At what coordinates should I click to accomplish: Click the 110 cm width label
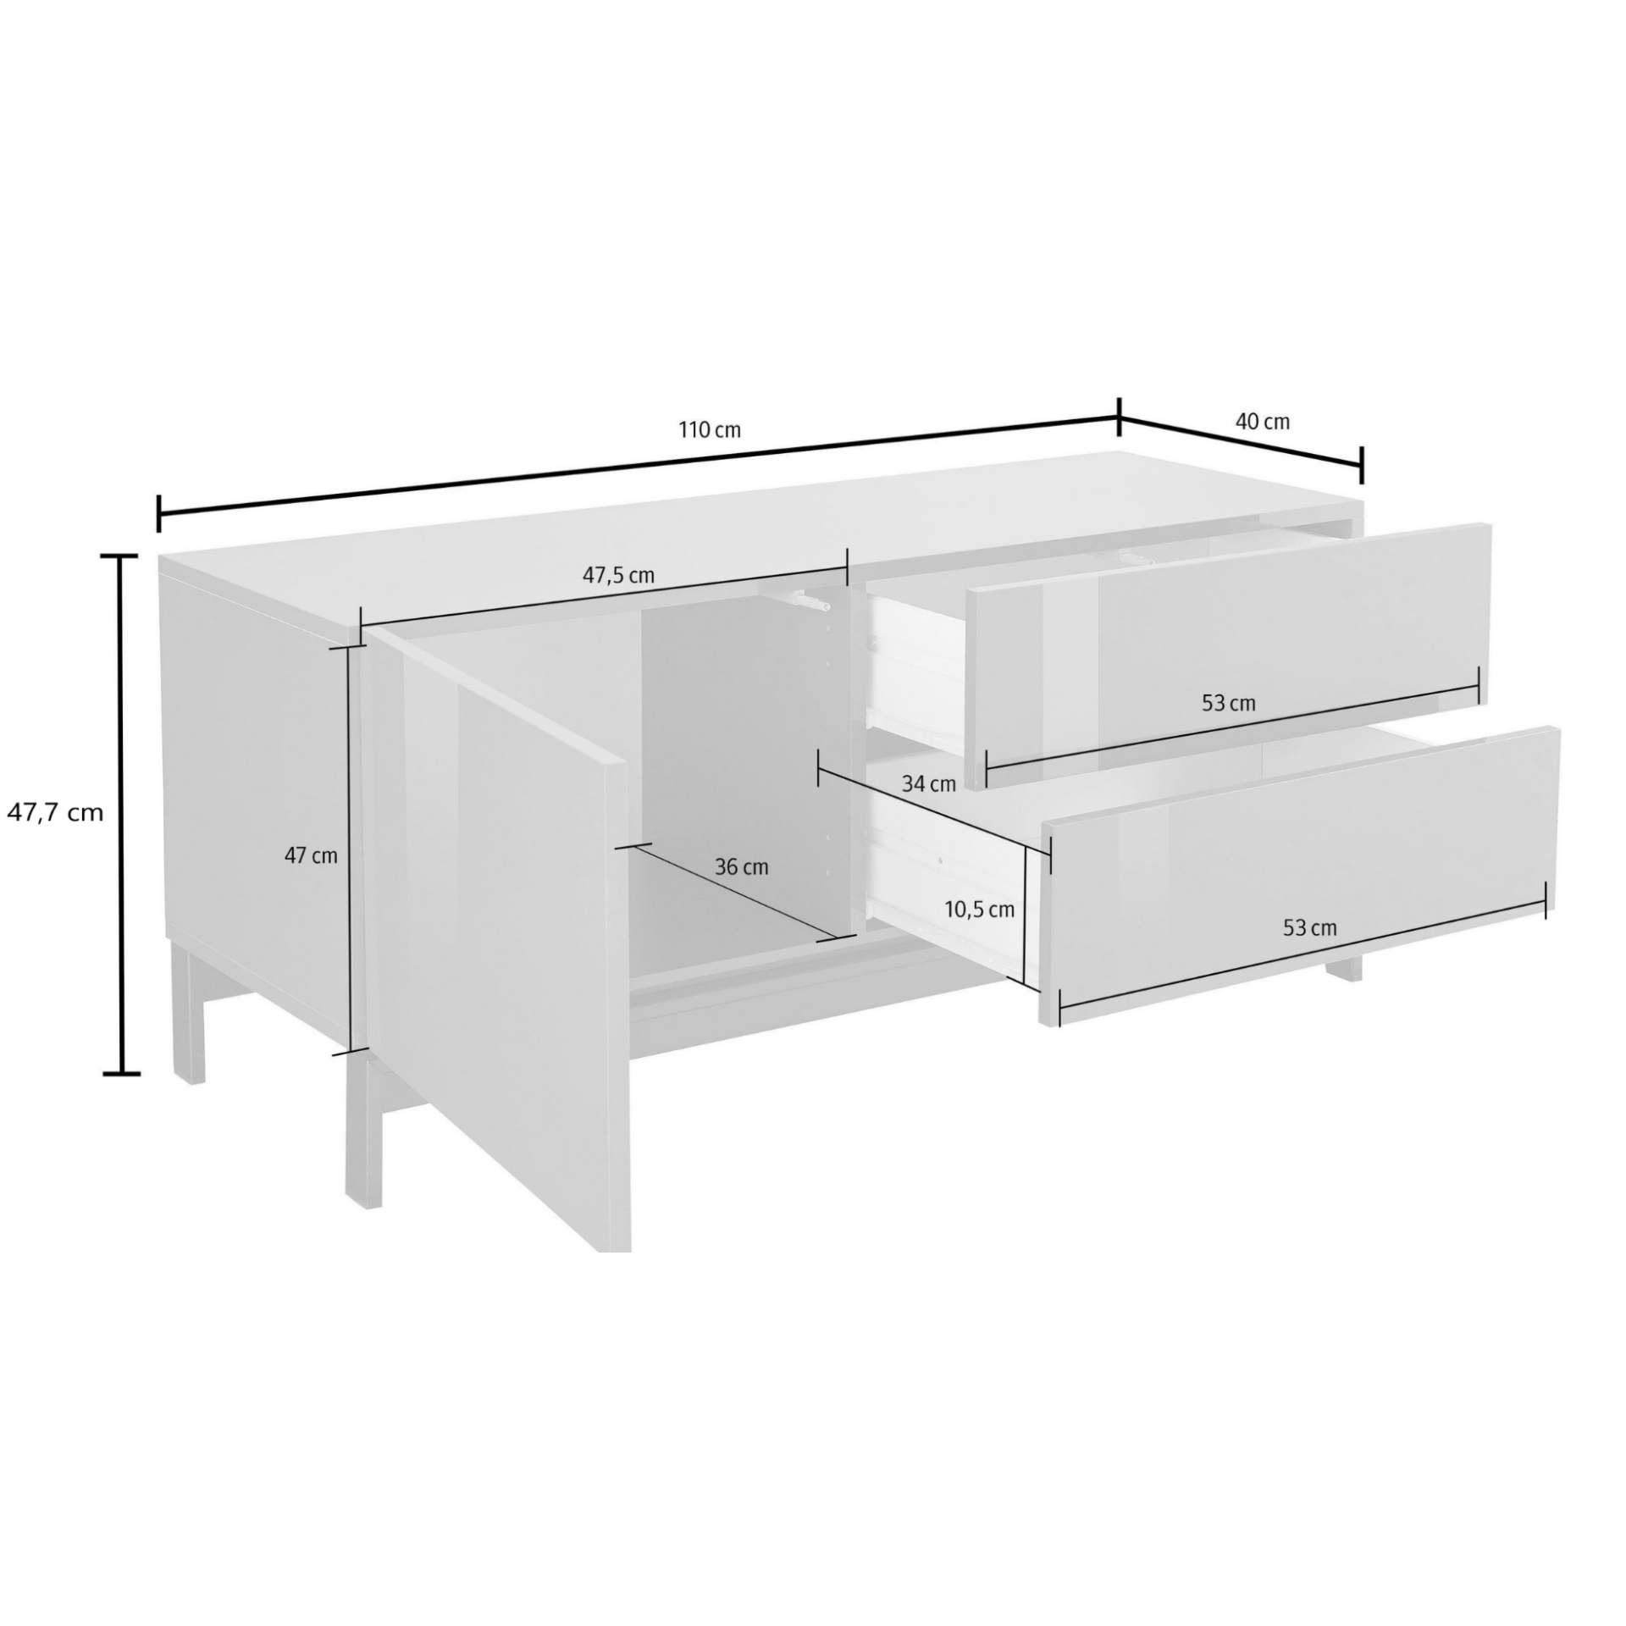[x=710, y=430]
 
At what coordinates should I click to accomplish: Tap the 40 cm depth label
[x=1263, y=421]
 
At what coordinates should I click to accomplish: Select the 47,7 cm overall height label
[x=55, y=813]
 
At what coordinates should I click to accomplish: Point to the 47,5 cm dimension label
[x=618, y=575]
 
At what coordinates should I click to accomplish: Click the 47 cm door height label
[x=311, y=855]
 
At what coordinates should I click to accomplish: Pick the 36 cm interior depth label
[x=742, y=867]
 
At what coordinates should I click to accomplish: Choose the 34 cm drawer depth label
[x=928, y=783]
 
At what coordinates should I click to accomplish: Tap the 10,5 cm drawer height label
[x=980, y=910]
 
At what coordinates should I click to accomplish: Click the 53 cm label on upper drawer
[x=1229, y=703]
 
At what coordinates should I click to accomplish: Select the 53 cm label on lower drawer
[x=1310, y=928]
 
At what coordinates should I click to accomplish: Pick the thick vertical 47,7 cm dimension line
[x=124, y=815]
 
